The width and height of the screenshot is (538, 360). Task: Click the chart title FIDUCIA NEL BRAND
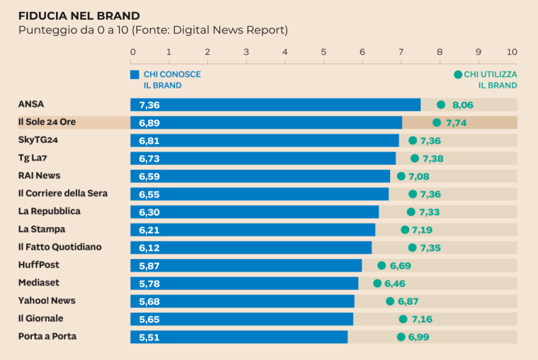tap(79, 16)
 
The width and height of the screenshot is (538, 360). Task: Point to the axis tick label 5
tap(324, 52)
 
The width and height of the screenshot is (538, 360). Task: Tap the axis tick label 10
tap(512, 52)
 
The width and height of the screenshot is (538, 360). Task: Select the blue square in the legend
tap(134, 74)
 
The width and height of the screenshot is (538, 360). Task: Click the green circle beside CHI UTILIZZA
tap(457, 74)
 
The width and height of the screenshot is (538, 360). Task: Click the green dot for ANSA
tap(441, 105)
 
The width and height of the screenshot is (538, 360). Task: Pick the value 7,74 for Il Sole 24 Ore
tap(461, 122)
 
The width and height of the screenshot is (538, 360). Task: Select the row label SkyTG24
tap(38, 140)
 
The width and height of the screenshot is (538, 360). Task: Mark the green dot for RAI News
tap(401, 176)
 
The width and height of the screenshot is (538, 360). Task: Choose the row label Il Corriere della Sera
tap(63, 193)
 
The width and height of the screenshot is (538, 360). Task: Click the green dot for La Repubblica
tap(411, 211)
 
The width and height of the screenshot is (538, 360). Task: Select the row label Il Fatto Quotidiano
tap(60, 247)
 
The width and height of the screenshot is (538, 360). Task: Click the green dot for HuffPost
tap(382, 265)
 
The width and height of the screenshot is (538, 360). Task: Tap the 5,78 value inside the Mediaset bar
tap(149, 284)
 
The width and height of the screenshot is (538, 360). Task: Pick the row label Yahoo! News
tap(47, 301)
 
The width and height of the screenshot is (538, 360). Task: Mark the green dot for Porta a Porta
tap(401, 337)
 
